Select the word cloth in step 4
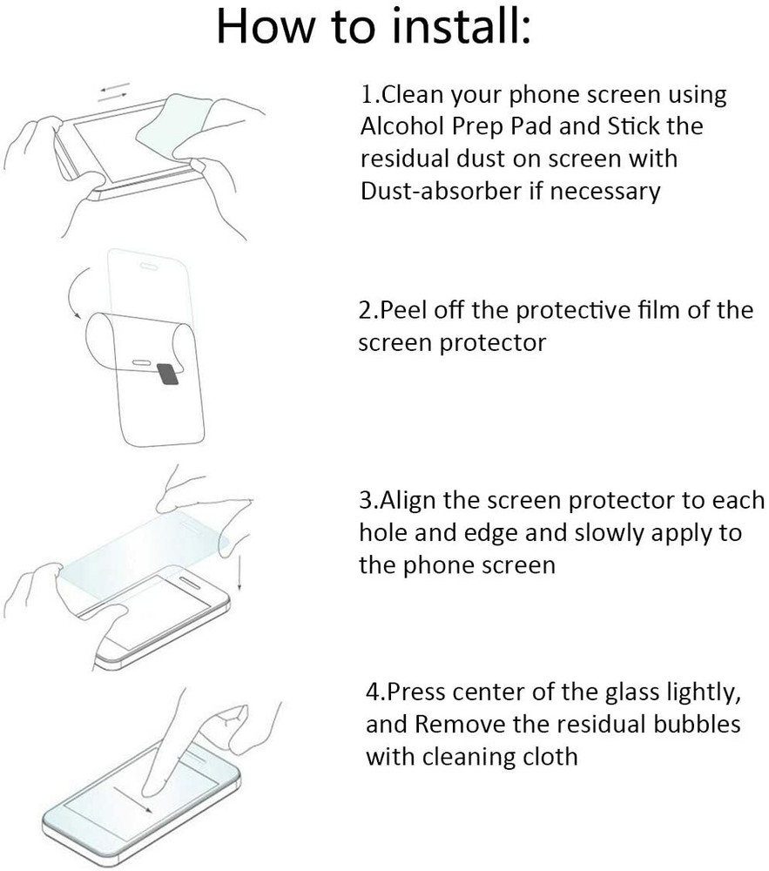[547, 756]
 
